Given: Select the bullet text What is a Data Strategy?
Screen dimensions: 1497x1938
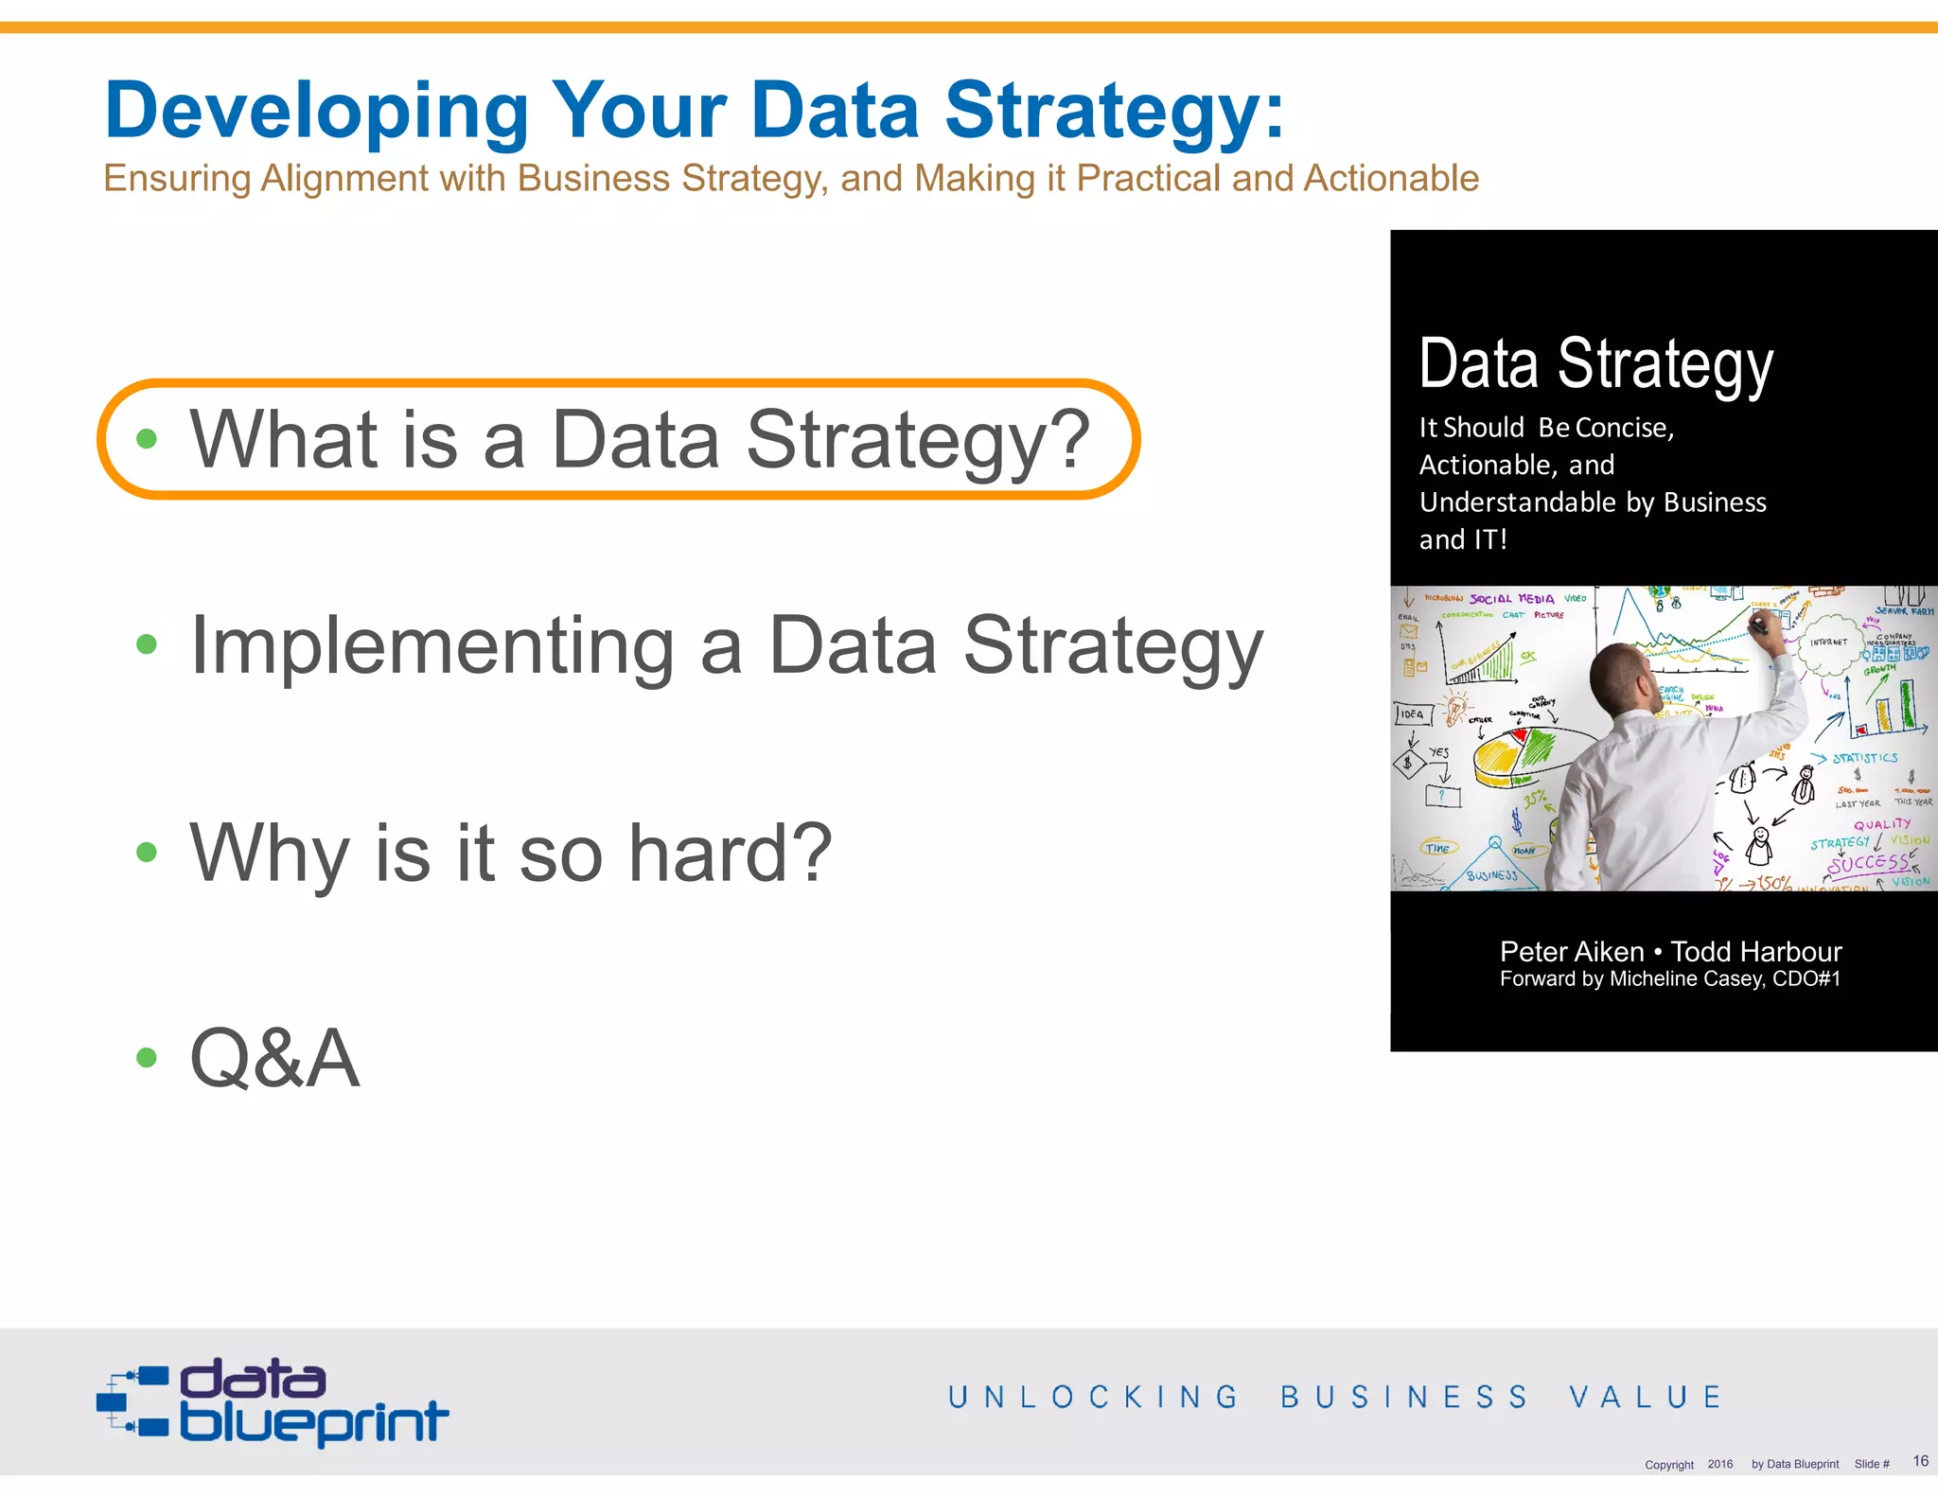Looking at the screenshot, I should coord(639,439).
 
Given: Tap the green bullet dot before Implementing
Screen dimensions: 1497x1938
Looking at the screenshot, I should coord(146,645).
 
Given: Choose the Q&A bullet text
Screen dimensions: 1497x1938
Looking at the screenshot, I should coord(274,1058).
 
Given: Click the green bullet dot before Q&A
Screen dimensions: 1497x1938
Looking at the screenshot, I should coord(146,1058).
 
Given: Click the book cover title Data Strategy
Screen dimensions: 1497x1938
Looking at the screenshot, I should coord(1595,364).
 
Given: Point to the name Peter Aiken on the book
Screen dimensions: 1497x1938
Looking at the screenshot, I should coord(1571,951).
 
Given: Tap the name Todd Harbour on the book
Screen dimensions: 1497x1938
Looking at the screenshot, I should coord(1756,951).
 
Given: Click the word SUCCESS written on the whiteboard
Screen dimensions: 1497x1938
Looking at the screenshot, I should coord(1868,863).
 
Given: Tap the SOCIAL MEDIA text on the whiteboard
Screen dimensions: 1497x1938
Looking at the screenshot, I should coord(1511,599).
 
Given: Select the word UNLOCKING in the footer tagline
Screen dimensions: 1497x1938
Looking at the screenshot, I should coord(1093,1397).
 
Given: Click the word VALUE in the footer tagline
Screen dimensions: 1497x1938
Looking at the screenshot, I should coord(1646,1397).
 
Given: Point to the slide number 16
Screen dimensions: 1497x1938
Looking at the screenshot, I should coord(1920,1461).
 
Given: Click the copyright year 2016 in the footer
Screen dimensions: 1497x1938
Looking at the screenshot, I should coord(1719,1464).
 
